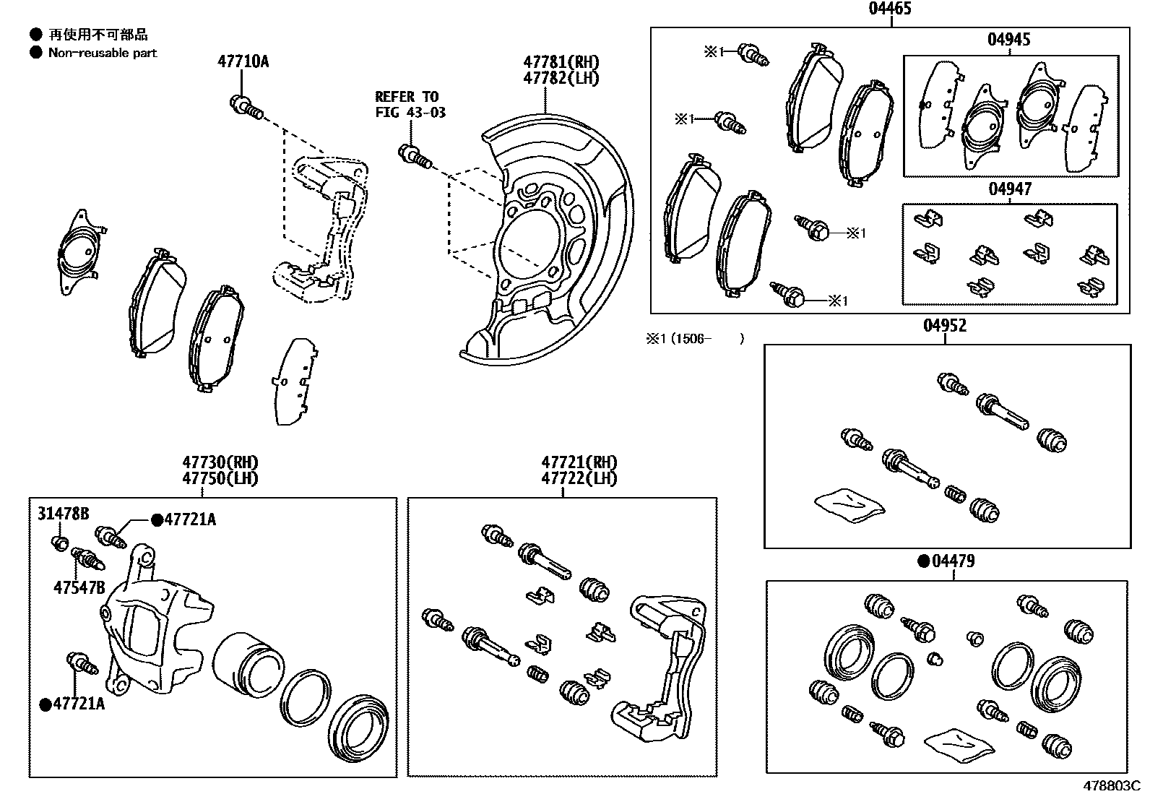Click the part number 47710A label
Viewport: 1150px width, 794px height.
[243, 61]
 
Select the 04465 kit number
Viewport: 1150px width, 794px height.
[890, 9]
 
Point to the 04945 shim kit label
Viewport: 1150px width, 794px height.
[1009, 40]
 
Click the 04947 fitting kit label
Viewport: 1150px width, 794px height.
[1010, 189]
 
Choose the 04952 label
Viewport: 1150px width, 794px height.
[945, 326]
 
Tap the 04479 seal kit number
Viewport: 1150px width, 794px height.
[953, 561]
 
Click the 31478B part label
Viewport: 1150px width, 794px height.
[63, 514]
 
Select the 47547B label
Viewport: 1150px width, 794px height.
[79, 587]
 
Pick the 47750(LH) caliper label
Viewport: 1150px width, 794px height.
[220, 478]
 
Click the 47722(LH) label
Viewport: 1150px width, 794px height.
[579, 478]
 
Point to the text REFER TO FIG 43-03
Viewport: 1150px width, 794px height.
[410, 104]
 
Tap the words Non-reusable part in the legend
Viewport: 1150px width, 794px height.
[102, 53]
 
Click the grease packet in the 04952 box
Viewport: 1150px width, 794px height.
[849, 503]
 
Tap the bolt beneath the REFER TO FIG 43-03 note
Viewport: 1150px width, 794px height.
[414, 155]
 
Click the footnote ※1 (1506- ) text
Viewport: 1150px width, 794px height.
[694, 338]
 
